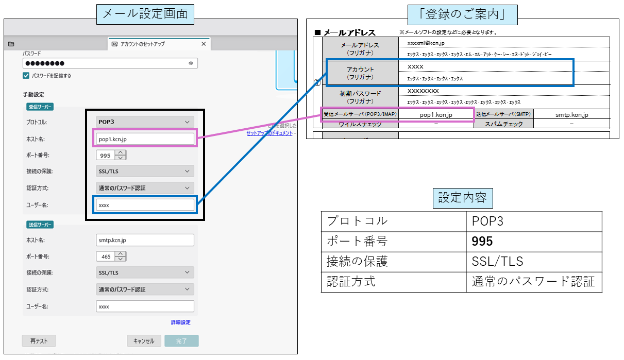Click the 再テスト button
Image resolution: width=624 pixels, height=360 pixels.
click(x=39, y=341)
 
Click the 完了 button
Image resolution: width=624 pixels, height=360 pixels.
click(x=182, y=341)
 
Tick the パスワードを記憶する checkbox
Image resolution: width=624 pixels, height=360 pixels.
click(x=26, y=76)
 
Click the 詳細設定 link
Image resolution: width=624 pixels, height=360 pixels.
click(x=180, y=322)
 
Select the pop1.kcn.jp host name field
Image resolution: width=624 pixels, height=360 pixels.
click(x=145, y=139)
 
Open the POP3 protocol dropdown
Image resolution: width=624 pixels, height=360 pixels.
click(x=145, y=122)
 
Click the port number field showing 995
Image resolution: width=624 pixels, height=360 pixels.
click(x=106, y=155)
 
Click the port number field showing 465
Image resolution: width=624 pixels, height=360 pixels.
click(x=106, y=256)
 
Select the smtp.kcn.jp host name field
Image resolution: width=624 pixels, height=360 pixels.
click(x=145, y=240)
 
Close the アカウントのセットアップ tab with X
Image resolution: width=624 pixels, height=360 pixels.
click(x=204, y=44)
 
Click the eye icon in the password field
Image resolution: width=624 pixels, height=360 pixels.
click(x=191, y=63)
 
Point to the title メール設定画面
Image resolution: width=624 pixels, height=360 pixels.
click(x=145, y=14)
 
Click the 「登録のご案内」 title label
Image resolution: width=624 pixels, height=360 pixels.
click(x=462, y=14)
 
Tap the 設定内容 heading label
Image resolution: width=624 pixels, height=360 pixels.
click(x=462, y=198)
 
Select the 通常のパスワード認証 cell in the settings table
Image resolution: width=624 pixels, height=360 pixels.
click(x=533, y=282)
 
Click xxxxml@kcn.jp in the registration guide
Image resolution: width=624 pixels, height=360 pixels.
click(x=426, y=43)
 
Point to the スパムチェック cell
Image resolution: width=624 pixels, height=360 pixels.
click(x=503, y=124)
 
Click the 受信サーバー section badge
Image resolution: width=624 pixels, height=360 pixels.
click(x=40, y=107)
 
